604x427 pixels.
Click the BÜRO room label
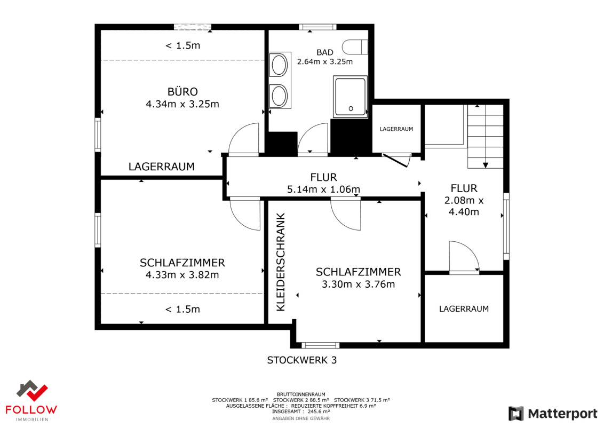pos(182,91)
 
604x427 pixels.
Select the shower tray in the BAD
pos(350,96)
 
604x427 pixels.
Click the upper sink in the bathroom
pos(279,66)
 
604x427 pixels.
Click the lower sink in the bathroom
pos(279,96)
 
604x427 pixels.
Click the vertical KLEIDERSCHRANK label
pos(281,262)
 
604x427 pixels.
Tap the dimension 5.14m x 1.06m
pos(323,189)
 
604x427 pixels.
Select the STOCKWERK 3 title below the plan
pos(301,360)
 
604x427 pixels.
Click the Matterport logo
pos(553,414)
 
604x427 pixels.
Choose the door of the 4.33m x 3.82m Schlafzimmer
pos(245,213)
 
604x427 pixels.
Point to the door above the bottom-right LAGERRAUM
pos(464,257)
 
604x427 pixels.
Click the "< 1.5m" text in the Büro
pos(182,45)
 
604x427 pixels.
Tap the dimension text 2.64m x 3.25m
pos(325,61)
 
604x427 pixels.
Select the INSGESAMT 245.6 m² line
pos(301,412)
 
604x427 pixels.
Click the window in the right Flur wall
pos(506,226)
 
